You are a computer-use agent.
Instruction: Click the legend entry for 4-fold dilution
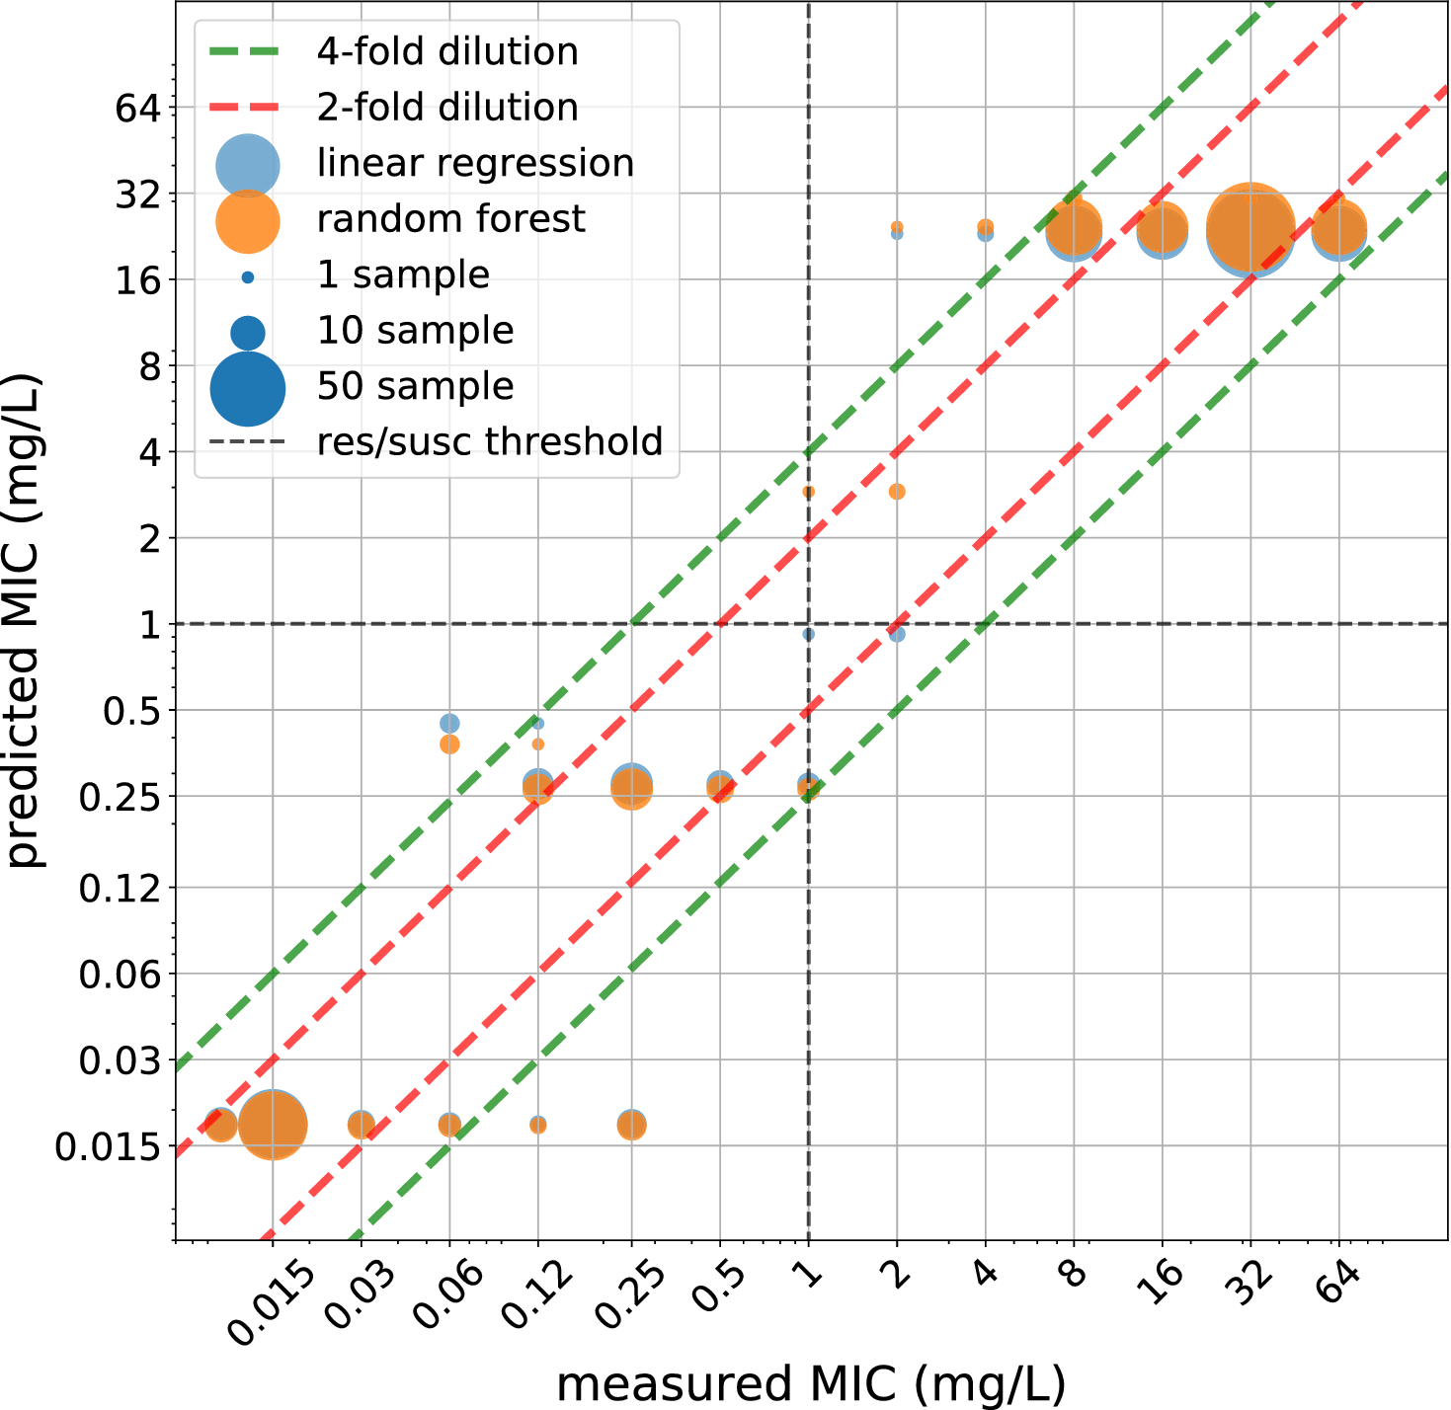[x=446, y=51]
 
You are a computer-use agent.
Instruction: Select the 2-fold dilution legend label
[x=446, y=107]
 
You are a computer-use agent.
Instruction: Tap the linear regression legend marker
[x=248, y=164]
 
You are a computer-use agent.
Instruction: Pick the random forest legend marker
[x=248, y=220]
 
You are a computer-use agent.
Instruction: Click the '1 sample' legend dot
[x=248, y=277]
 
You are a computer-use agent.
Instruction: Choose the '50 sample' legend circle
[x=248, y=388]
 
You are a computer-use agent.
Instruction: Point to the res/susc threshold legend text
[x=489, y=441]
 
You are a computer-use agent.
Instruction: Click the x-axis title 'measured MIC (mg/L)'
[x=811, y=1383]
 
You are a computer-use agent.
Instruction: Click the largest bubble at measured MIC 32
[x=1250, y=229]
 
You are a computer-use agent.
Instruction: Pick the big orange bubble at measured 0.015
[x=273, y=1125]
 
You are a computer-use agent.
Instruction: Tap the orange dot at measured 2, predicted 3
[x=897, y=492]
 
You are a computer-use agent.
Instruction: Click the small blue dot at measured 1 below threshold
[x=809, y=635]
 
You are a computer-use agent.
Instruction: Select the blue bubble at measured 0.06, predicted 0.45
[x=449, y=724]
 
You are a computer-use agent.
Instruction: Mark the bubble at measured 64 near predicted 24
[x=1338, y=230]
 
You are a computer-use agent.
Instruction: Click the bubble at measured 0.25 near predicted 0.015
[x=632, y=1125]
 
